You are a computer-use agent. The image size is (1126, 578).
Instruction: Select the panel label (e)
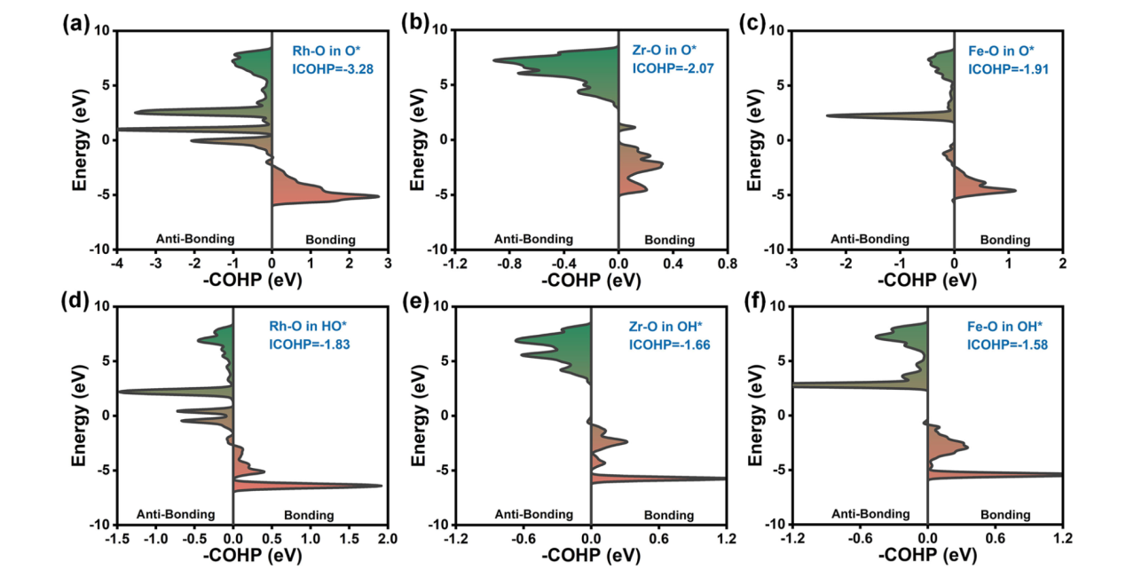click(412, 300)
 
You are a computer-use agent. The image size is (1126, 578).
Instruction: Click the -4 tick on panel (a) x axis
click(116, 265)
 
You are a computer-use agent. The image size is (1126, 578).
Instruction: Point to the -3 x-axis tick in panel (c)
click(791, 265)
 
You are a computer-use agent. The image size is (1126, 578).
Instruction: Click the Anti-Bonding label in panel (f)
click(870, 514)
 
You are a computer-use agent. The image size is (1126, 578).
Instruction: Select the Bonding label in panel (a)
click(330, 240)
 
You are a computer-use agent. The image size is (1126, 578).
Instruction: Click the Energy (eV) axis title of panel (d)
click(81, 416)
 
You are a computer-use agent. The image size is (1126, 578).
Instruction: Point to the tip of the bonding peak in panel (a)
click(379, 196)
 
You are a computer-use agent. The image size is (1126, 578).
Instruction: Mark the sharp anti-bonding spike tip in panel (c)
click(826, 115)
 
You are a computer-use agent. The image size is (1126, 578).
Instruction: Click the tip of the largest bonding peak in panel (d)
click(382, 486)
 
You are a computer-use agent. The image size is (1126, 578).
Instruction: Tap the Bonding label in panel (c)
click(1005, 240)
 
